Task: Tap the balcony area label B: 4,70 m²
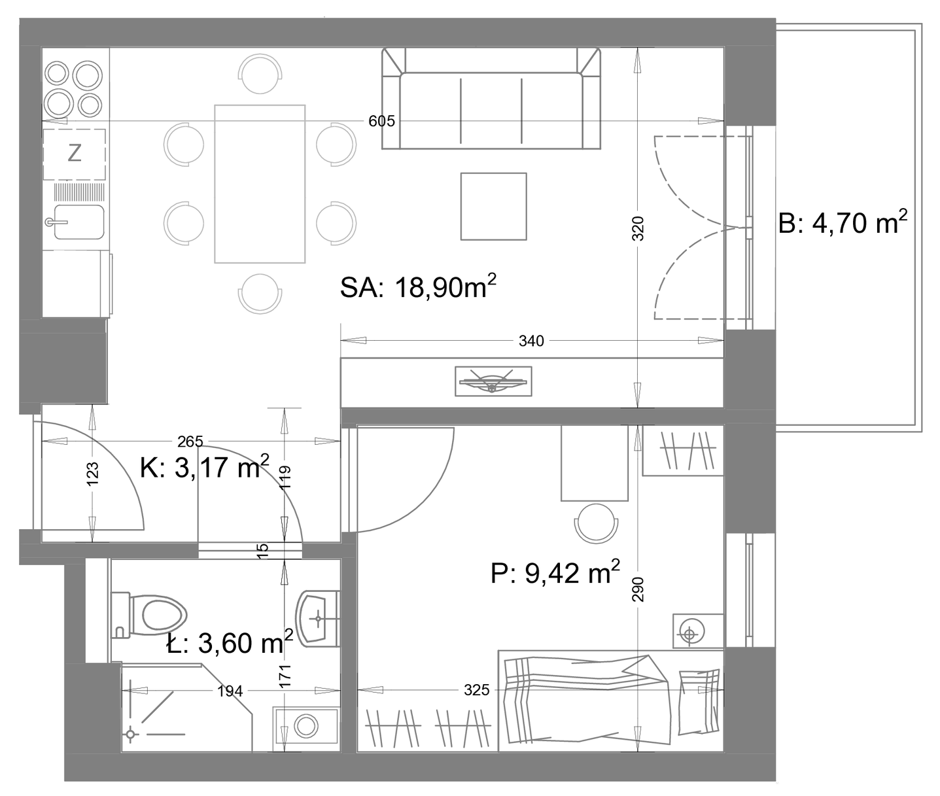(843, 222)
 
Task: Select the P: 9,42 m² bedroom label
(555, 572)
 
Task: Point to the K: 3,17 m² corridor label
(204, 466)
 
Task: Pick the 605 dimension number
(381, 121)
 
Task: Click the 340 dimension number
(531, 341)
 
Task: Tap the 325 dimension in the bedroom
(477, 690)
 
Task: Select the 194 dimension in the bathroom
(230, 691)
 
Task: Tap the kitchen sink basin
(78, 222)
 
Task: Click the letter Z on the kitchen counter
(74, 153)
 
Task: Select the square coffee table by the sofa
(493, 207)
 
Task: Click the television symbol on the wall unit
(493, 381)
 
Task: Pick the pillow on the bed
(699, 701)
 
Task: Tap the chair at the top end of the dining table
(260, 74)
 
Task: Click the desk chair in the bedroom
(596, 523)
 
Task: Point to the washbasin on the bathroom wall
(319, 618)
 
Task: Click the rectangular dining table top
(260, 184)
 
